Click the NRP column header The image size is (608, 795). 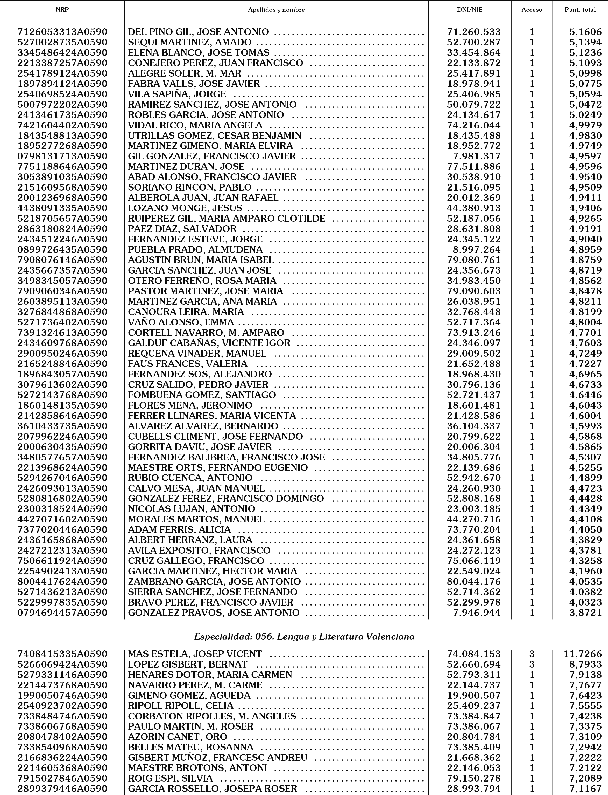pyautogui.click(x=62, y=10)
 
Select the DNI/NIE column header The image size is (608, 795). pyautogui.click(x=470, y=10)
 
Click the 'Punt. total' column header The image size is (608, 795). pyautogui.click(x=580, y=10)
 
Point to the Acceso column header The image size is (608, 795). pyautogui.click(x=532, y=10)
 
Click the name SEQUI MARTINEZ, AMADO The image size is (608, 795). pyautogui.click(x=190, y=42)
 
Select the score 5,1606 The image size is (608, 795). pyautogui.click(x=585, y=32)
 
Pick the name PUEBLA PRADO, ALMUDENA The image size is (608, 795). pyautogui.click(x=195, y=250)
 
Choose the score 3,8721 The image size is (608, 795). pyautogui.click(x=585, y=613)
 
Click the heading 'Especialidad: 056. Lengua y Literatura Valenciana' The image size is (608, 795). pyautogui.click(x=304, y=636)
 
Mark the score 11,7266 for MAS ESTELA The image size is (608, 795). pyautogui.click(x=583, y=654)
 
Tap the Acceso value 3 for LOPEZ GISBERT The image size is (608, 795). pyautogui.click(x=532, y=664)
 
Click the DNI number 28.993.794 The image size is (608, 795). pyautogui.click(x=474, y=789)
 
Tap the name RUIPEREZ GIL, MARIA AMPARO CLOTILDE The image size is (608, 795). pyautogui.click(x=227, y=219)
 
